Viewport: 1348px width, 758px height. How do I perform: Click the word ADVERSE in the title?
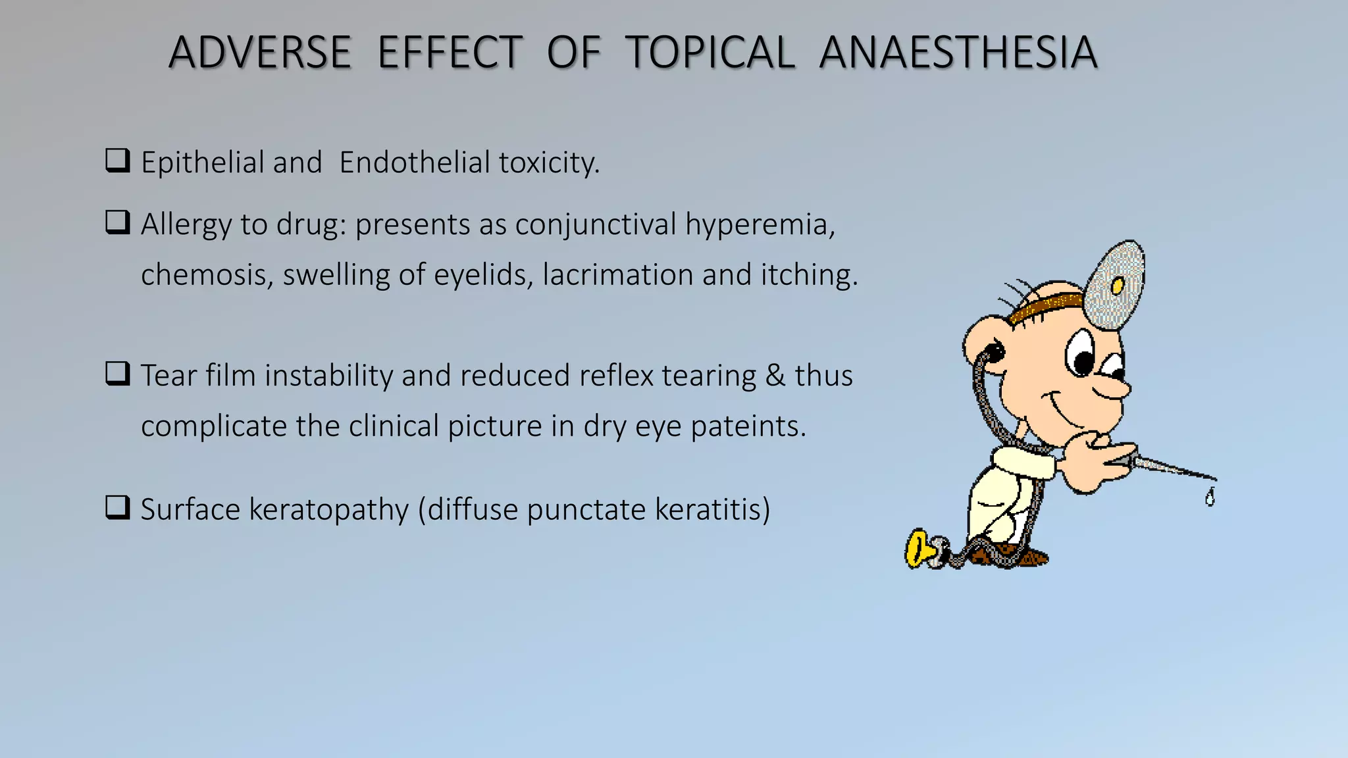pos(260,53)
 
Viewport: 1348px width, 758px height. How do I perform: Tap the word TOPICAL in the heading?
pos(710,53)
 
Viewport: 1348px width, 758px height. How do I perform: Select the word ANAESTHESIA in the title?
pos(958,53)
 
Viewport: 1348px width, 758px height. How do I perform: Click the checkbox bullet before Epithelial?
pos(117,161)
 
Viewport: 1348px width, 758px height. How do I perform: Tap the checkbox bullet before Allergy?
pos(117,223)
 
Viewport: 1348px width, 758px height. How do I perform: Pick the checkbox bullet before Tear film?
pos(117,374)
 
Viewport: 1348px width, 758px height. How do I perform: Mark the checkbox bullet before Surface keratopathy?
pos(117,508)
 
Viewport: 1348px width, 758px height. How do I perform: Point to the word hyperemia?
pos(759,225)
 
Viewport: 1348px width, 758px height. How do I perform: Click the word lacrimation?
pos(617,275)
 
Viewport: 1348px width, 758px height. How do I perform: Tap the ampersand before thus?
pos(775,376)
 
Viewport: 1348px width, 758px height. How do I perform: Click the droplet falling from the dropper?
pos(1209,497)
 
